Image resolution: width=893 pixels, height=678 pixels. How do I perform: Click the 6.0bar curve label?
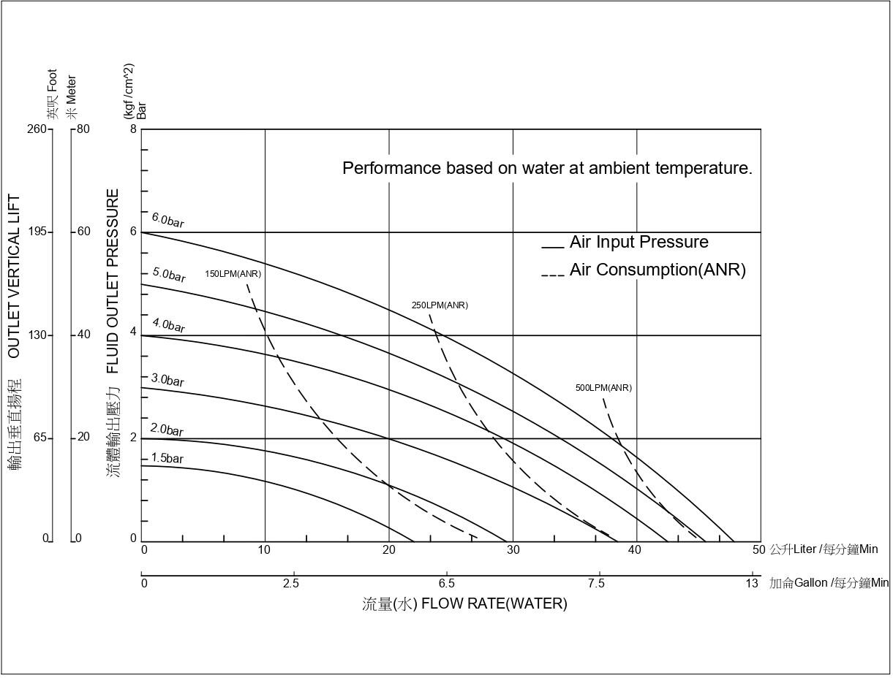click(x=167, y=220)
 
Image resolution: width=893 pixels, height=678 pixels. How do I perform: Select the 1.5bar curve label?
click(x=167, y=459)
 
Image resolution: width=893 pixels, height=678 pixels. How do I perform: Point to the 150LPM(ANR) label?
click(x=233, y=274)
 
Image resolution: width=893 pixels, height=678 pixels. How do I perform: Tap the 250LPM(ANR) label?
click(x=440, y=305)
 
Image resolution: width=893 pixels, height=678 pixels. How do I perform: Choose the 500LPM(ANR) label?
click(x=603, y=388)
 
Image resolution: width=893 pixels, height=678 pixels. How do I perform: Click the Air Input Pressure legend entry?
click(x=638, y=242)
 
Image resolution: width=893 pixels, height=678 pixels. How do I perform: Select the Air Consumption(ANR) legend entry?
click(x=657, y=270)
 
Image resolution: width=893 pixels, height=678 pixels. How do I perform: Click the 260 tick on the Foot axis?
click(x=37, y=129)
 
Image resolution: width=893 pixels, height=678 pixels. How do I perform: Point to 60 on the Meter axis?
click(x=84, y=232)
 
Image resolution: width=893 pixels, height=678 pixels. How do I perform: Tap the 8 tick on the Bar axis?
click(x=133, y=129)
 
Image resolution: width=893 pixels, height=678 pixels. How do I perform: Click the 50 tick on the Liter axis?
click(x=758, y=549)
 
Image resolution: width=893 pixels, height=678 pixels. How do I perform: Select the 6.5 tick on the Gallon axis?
click(x=447, y=583)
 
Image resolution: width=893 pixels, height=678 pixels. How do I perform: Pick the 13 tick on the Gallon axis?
click(x=752, y=583)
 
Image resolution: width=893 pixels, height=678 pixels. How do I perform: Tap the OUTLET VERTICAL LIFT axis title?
click(x=14, y=276)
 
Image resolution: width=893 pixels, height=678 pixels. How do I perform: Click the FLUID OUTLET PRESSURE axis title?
click(x=113, y=281)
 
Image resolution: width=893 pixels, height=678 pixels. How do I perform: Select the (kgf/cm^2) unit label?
click(x=129, y=91)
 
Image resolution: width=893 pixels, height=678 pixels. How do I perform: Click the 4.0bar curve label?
click(x=168, y=324)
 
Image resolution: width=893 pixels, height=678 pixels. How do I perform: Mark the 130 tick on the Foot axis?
click(x=37, y=335)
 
